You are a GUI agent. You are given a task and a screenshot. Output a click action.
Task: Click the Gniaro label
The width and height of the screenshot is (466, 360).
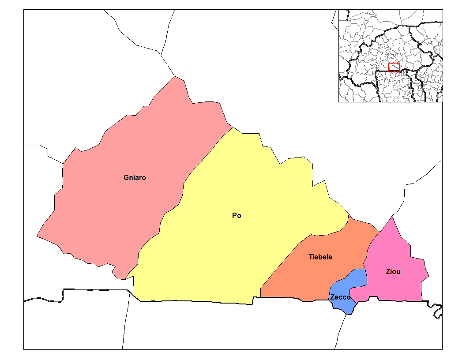(x=135, y=178)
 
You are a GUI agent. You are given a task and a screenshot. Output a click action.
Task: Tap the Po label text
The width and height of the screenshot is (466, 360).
(x=237, y=216)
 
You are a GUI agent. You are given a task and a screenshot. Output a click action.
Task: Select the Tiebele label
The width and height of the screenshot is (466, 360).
(x=320, y=257)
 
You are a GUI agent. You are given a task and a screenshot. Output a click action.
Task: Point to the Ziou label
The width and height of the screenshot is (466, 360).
(x=393, y=271)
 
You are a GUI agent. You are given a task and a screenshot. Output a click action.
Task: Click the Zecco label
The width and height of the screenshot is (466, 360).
(x=340, y=297)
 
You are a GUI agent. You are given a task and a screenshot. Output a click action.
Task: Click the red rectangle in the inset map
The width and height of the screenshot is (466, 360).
(x=394, y=67)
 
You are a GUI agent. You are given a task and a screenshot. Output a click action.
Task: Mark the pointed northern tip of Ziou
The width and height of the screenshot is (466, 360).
(x=391, y=217)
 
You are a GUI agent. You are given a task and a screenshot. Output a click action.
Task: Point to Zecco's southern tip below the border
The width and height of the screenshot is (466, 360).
(x=349, y=314)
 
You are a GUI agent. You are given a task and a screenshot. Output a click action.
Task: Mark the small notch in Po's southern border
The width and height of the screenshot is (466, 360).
(x=253, y=300)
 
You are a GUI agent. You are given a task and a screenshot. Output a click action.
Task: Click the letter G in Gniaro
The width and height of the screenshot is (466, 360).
(x=126, y=178)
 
